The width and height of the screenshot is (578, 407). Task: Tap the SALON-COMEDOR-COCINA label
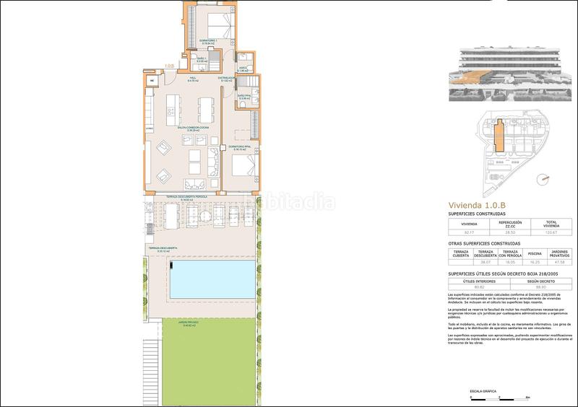(188, 128)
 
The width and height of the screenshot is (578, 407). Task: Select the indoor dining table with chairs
(204, 109)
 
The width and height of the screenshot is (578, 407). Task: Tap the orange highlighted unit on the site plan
(498, 136)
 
